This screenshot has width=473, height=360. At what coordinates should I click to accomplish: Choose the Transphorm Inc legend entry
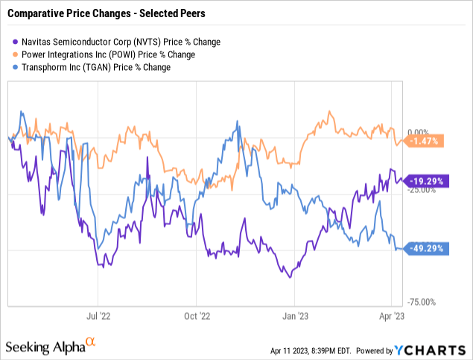97,67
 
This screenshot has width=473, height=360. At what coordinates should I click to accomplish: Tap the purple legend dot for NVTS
16,41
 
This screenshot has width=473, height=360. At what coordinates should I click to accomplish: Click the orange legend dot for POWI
16,54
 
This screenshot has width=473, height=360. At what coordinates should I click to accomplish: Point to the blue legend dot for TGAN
16,67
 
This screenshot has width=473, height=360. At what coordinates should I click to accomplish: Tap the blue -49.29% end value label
427,249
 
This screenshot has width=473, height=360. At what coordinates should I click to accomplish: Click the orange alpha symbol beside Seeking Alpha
91,342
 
